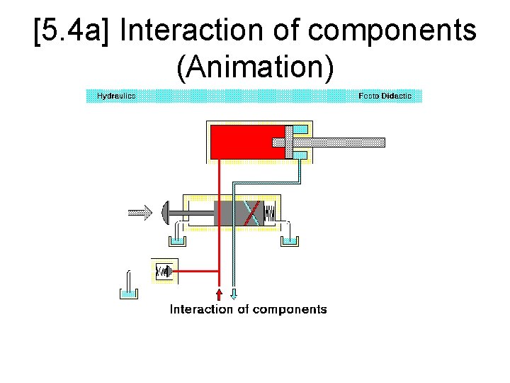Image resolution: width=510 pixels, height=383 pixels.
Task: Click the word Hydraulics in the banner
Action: click(x=116, y=96)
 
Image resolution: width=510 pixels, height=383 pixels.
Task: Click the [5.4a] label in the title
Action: click(x=74, y=32)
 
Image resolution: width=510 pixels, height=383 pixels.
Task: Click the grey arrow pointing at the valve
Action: click(x=140, y=211)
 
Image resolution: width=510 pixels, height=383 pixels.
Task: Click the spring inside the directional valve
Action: click(x=270, y=212)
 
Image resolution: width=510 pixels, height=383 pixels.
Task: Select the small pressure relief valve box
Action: click(x=164, y=271)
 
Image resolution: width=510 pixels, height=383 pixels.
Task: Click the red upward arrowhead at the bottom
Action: click(x=220, y=293)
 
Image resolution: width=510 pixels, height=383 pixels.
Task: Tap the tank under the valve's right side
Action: click(x=289, y=240)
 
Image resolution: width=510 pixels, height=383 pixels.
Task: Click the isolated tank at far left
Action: click(x=127, y=291)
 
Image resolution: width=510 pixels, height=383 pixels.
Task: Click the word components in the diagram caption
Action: click(x=289, y=309)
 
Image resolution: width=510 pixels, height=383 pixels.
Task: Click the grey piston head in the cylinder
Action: click(x=289, y=142)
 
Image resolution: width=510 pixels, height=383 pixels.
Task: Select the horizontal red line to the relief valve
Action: click(x=198, y=271)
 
